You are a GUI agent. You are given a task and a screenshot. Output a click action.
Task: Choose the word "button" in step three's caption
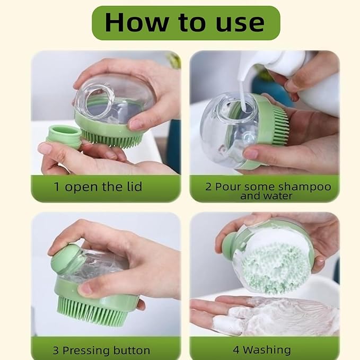pyautogui.click(x=131, y=350)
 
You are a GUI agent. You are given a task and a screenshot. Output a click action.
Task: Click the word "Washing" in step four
pyautogui.click(x=269, y=350)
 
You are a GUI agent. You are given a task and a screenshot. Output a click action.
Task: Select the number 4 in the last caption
pyautogui.click(x=235, y=350)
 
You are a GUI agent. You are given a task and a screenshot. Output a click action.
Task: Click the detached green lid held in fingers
pyautogui.click(x=65, y=136)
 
